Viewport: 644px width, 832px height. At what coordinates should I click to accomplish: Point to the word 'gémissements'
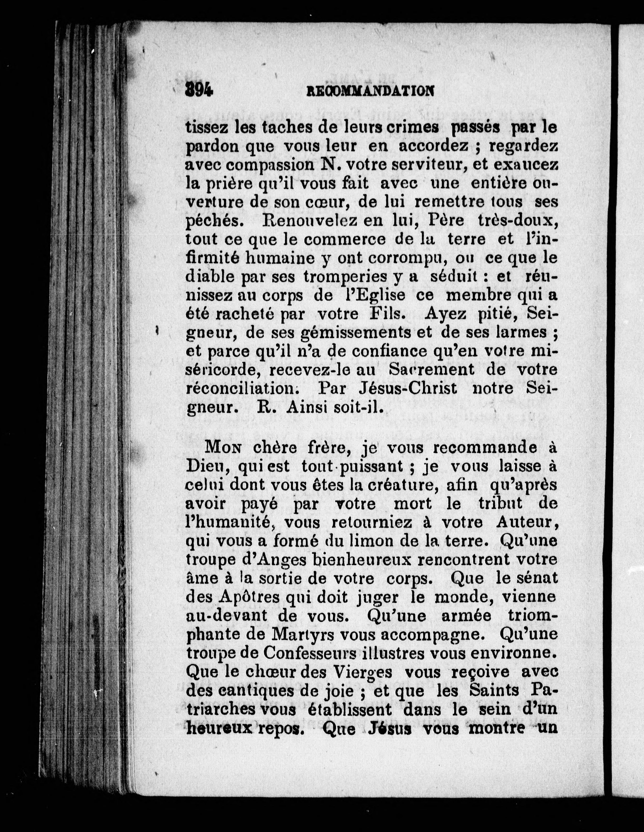click(x=356, y=333)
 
